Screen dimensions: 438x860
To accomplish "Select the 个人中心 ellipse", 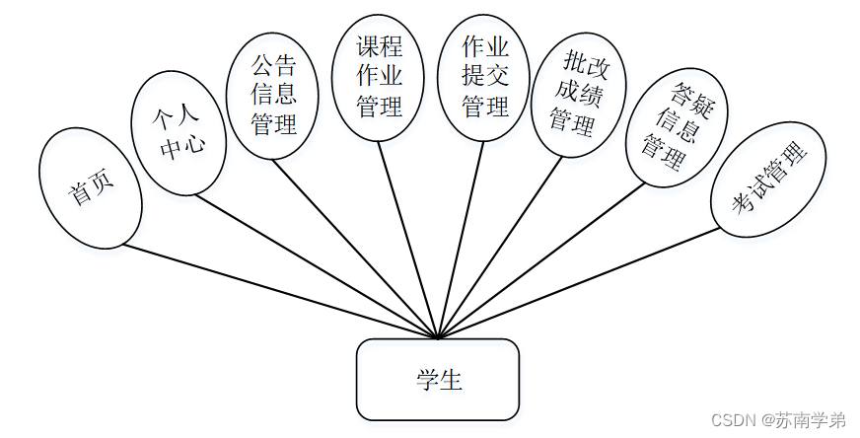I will click(179, 133).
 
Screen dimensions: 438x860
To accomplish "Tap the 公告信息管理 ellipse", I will click(273, 95).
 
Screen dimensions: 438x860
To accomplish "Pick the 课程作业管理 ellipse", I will click(379, 76).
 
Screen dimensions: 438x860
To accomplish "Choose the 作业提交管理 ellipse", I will click(484, 76).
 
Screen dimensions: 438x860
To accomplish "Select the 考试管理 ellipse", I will click(769, 178).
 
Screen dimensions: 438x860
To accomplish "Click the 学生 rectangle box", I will click(437, 380).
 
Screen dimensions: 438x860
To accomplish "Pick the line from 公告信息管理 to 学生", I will click(355, 247).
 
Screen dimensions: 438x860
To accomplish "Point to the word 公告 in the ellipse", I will click(273, 67).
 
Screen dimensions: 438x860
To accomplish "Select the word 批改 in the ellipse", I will click(583, 64).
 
